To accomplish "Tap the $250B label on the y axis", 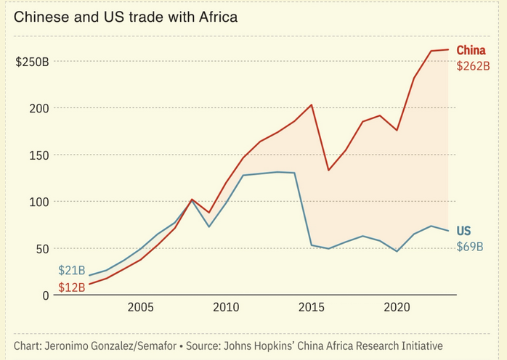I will [32, 62].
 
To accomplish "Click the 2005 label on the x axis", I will [141, 308].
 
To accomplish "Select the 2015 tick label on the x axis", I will [312, 308].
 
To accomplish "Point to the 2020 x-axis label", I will [397, 308].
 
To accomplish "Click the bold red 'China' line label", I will [471, 51].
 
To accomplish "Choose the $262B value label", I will [473, 66].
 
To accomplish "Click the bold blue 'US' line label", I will [463, 231].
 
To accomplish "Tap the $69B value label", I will [470, 246].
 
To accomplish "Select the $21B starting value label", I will [72, 271].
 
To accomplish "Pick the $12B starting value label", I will [72, 287].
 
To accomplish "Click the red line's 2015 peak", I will [312, 105].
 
